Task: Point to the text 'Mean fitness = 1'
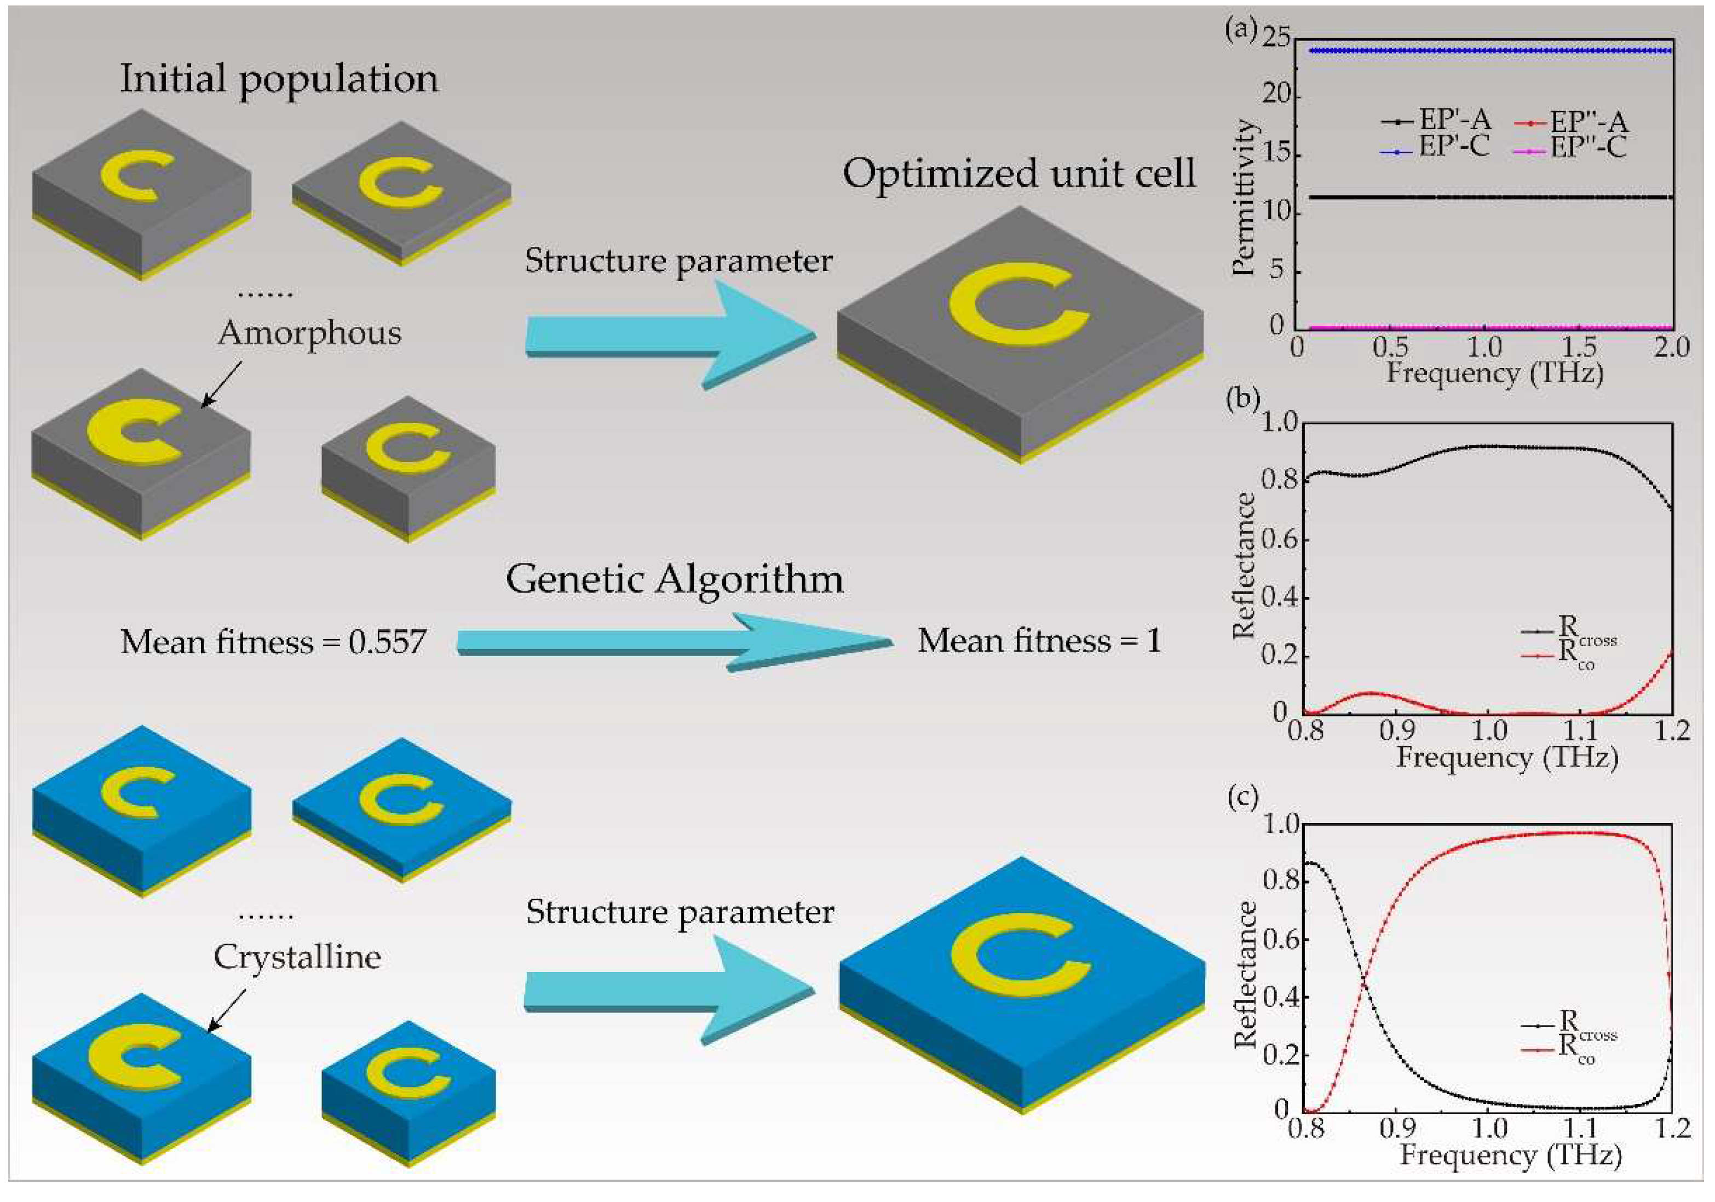point(1039,641)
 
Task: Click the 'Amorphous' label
point(309,333)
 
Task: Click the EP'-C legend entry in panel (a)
point(1435,148)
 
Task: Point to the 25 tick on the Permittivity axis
point(1276,37)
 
